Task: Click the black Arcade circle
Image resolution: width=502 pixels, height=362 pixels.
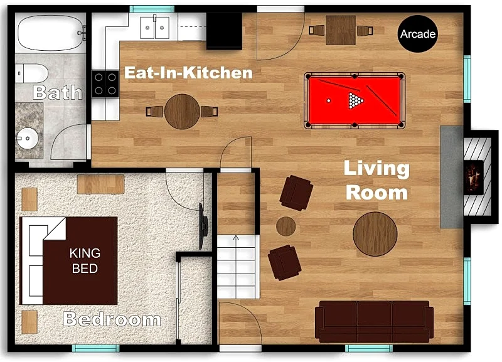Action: point(417,34)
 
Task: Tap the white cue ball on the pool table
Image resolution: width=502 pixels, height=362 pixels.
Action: point(328,101)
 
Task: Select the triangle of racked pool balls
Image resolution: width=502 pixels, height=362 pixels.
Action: point(356,100)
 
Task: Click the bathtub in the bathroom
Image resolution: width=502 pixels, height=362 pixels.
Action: point(51,33)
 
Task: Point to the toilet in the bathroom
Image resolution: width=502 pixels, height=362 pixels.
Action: point(32,73)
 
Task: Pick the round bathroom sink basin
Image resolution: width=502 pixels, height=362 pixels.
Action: point(28,138)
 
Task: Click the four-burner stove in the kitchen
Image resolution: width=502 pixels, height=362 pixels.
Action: point(105,84)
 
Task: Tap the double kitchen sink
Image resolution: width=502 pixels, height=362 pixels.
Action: point(154,28)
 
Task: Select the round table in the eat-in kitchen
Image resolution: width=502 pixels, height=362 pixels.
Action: point(182,112)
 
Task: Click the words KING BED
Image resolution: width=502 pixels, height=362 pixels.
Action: point(85,260)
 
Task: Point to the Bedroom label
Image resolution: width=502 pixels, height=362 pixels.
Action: point(112,319)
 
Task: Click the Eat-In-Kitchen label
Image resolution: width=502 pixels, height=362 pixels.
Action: point(189,73)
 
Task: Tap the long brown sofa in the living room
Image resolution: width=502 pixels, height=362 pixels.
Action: point(374,321)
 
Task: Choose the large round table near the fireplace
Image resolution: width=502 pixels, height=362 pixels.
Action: point(375,234)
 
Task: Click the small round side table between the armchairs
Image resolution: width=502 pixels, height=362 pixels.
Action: point(286,226)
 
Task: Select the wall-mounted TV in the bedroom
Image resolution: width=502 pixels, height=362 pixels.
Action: point(203,226)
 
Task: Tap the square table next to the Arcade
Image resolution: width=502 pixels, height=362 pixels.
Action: point(341,30)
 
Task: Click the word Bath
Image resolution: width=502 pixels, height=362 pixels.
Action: point(57,92)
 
